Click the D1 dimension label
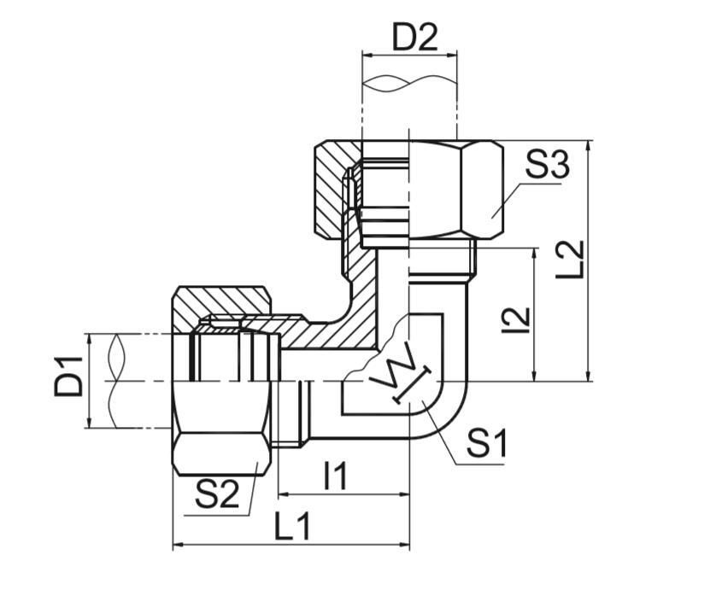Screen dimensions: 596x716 pyautogui.click(x=70, y=377)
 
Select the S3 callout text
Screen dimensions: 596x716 pyautogui.click(x=547, y=166)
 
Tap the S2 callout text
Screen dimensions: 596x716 pyautogui.click(x=217, y=494)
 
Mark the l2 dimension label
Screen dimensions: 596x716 pyautogui.click(x=516, y=318)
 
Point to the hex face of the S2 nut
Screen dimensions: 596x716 pyautogui.click(x=222, y=452)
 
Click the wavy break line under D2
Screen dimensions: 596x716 pyautogui.click(x=409, y=84)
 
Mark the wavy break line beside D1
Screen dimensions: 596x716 pyautogui.click(x=116, y=380)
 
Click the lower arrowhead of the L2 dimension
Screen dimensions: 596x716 pyautogui.click(x=590, y=376)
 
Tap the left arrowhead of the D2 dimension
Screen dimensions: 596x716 pyautogui.click(x=367, y=55)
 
